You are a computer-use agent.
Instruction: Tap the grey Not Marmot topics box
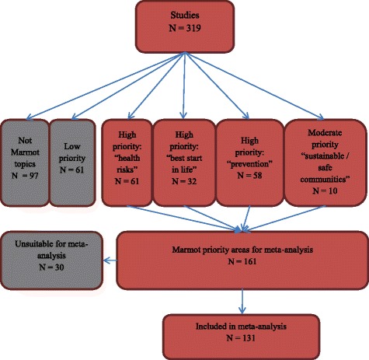click(24, 155)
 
